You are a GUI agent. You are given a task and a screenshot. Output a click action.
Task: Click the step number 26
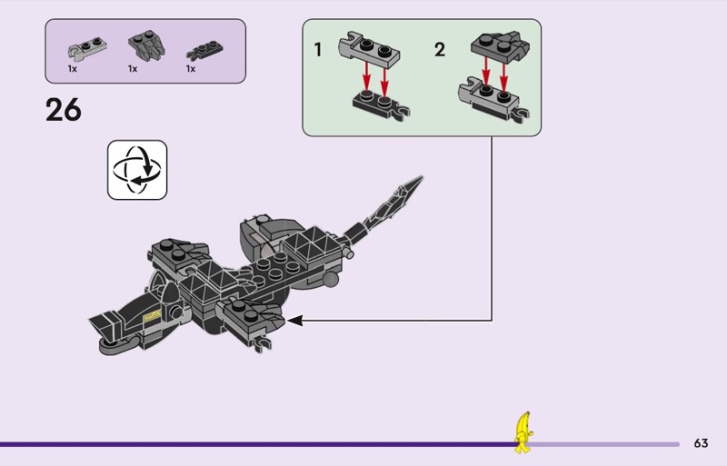[63, 110]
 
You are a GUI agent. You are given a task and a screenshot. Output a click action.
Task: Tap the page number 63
[701, 443]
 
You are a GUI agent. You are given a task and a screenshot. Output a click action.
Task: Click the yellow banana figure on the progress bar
[523, 432]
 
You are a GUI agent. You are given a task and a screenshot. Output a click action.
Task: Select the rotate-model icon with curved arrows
[137, 170]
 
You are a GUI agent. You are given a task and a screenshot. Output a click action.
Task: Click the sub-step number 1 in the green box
[318, 50]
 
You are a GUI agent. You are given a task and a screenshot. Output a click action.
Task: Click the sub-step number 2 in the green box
[440, 50]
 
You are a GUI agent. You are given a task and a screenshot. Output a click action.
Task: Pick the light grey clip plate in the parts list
[87, 48]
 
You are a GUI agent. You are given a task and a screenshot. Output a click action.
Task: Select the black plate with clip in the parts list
[204, 50]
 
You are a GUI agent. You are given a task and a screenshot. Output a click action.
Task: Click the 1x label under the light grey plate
[73, 69]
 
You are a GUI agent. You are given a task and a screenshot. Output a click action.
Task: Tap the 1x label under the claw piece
[133, 69]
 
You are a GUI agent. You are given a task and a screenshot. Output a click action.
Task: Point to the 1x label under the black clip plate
[191, 69]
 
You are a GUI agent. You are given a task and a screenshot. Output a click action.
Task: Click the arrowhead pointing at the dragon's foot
[294, 320]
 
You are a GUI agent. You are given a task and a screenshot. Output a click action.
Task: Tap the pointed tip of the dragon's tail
[422, 176]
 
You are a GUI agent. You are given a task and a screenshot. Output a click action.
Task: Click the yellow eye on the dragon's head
[152, 316]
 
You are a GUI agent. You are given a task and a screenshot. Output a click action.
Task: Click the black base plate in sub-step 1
[381, 105]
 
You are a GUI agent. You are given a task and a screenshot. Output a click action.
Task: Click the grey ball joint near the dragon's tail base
[331, 279]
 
